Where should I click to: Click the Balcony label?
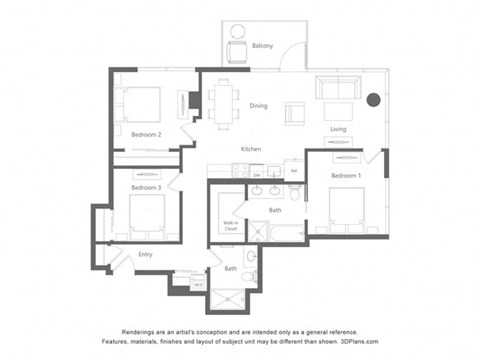(x=263, y=46)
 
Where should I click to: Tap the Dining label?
(x=258, y=105)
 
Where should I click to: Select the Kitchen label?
(x=250, y=149)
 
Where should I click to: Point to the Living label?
(x=338, y=129)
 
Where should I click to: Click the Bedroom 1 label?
(x=346, y=175)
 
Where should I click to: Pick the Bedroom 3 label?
(x=146, y=187)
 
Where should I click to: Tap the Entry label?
(x=146, y=254)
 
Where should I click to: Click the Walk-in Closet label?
(x=230, y=227)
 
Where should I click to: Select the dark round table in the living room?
(x=373, y=99)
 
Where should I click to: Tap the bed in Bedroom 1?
(x=350, y=207)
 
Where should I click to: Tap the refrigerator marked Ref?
(x=293, y=170)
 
